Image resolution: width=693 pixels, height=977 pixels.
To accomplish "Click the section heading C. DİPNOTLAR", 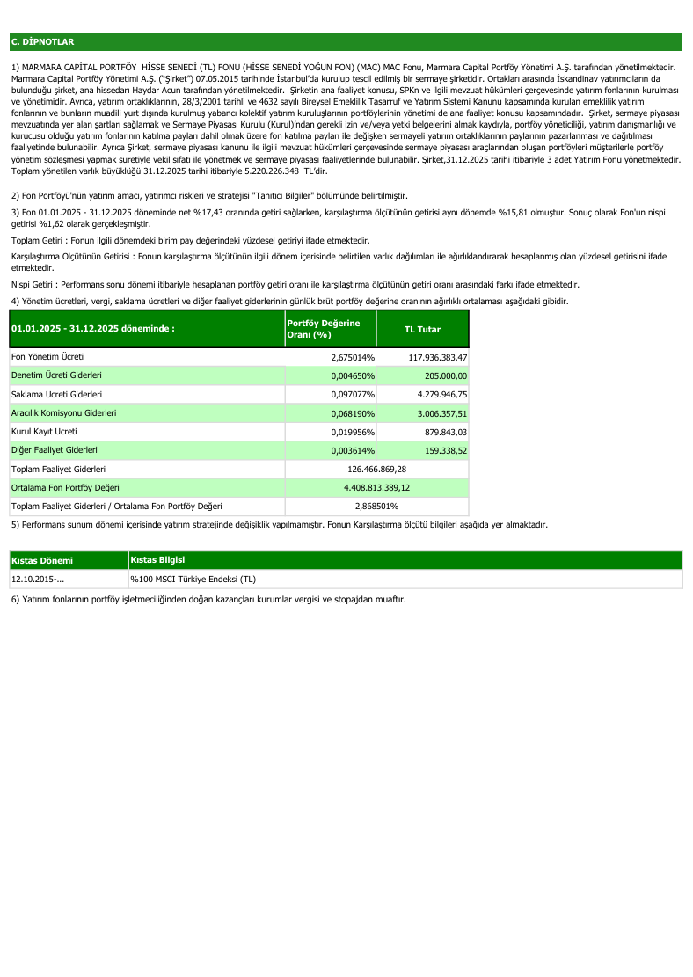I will [x=42, y=41].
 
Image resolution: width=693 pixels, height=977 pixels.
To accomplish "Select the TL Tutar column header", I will [x=422, y=329].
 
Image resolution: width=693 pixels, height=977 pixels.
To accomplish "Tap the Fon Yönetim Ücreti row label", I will [x=47, y=357].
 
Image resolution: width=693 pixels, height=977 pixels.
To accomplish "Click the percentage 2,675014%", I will [x=353, y=357].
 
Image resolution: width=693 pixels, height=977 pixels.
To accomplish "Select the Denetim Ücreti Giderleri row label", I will [x=55, y=375].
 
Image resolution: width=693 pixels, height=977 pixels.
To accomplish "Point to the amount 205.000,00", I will [x=445, y=375].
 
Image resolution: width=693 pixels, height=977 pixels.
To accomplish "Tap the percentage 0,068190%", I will [x=353, y=412].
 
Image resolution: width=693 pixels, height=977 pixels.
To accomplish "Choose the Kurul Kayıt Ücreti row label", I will [x=44, y=432].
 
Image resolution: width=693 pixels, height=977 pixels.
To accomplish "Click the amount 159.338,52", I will [x=445, y=450].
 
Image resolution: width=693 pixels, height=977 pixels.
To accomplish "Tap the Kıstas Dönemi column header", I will [x=41, y=560].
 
